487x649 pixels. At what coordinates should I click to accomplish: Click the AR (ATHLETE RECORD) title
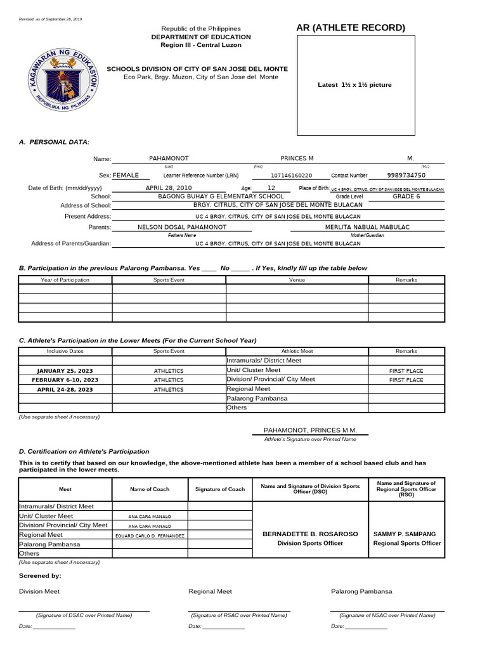click(x=351, y=27)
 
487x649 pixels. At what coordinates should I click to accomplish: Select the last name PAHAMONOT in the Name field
click(x=169, y=158)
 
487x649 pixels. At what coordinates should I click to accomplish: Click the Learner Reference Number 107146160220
click(x=291, y=176)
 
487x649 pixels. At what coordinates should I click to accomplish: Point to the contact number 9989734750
click(x=406, y=176)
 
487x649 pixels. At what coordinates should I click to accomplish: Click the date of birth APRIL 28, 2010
click(x=168, y=188)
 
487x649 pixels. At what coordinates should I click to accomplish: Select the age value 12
click(x=271, y=188)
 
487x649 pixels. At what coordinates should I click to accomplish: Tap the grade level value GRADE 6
click(x=406, y=196)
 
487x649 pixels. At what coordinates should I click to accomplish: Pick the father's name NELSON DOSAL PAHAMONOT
click(x=182, y=227)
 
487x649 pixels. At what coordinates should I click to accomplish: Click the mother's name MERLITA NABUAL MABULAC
click(x=367, y=227)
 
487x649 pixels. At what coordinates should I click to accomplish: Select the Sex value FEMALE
click(x=126, y=176)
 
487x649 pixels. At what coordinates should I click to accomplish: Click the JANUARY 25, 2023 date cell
click(x=65, y=370)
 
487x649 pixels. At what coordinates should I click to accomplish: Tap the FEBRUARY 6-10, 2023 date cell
click(x=65, y=380)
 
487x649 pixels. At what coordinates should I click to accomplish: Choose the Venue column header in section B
click(x=297, y=280)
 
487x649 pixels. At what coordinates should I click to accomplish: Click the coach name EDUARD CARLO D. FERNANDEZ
click(x=150, y=536)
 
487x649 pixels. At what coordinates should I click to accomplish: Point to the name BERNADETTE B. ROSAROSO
click(x=310, y=534)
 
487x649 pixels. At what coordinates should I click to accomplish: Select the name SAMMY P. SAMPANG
click(x=406, y=534)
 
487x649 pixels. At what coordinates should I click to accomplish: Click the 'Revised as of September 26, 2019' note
click(x=51, y=19)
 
